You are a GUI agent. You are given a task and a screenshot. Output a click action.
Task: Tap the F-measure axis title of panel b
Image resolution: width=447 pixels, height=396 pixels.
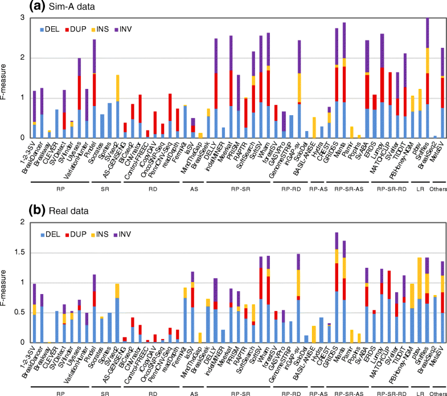[x=6, y=282]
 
